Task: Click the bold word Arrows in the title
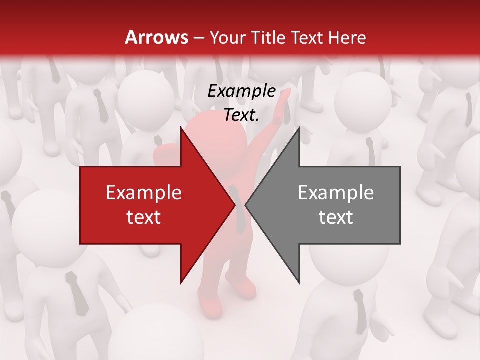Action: coord(156,37)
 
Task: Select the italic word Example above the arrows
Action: coord(241,91)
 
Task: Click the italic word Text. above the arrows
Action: coord(241,115)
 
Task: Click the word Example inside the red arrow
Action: coord(143,193)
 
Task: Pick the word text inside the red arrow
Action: coord(143,217)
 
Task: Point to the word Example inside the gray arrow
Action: coord(336,193)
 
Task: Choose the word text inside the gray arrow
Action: coord(336,217)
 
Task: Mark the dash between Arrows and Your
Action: coord(198,37)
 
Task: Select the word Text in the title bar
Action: coord(307,37)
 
